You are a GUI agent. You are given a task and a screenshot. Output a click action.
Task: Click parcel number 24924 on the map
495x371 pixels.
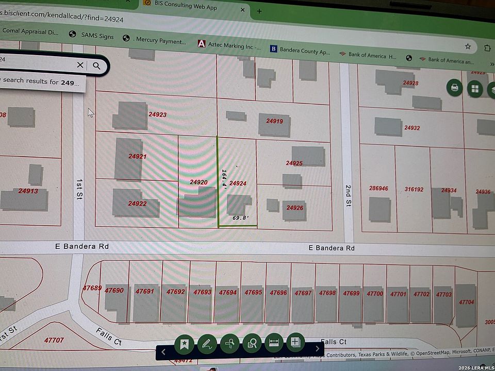pyautogui.click(x=238, y=183)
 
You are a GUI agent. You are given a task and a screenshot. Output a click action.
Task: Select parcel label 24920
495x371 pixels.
pyautogui.click(x=199, y=182)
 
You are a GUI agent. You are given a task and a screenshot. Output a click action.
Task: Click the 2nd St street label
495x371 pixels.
pyautogui.click(x=348, y=196)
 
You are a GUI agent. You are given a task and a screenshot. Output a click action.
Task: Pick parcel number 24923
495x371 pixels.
pyautogui.click(x=157, y=114)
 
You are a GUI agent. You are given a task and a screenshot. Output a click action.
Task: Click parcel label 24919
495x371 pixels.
pyautogui.click(x=274, y=122)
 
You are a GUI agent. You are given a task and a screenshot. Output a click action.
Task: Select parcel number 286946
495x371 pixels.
pyautogui.click(x=378, y=189)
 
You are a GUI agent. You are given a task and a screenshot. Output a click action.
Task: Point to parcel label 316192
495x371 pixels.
pyautogui.click(x=414, y=190)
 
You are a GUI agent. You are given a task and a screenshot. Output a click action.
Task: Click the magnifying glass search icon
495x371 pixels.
pyautogui.click(x=96, y=65)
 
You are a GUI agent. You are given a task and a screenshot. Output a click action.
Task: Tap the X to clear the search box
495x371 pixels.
pyautogui.click(x=80, y=65)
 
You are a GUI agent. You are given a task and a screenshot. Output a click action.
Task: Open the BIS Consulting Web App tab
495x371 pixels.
pyautogui.click(x=185, y=8)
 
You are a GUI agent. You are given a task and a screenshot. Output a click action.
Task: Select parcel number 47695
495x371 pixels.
pyautogui.click(x=253, y=292)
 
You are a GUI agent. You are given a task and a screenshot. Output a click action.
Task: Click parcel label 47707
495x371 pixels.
pyautogui.click(x=54, y=341)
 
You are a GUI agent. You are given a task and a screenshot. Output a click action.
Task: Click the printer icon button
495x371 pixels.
pyautogui.click(x=454, y=87)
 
